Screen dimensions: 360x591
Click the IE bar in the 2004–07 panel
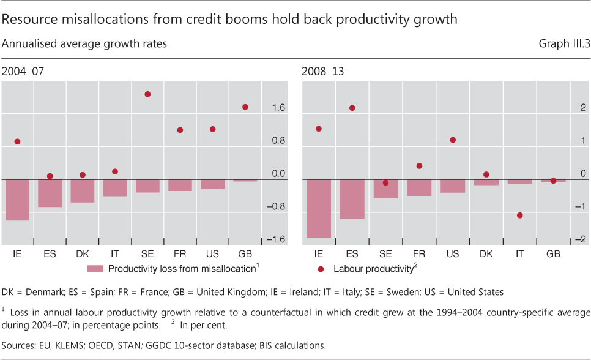pyautogui.click(x=17, y=200)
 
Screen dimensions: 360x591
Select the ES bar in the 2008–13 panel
pyautogui.click(x=352, y=199)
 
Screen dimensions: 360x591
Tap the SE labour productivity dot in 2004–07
pyautogui.click(x=147, y=94)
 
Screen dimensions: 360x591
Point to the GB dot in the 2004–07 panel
pyautogui.click(x=245, y=107)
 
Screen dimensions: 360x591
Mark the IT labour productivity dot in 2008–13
pyautogui.click(x=519, y=216)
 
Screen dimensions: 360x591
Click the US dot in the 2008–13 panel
pyautogui.click(x=453, y=140)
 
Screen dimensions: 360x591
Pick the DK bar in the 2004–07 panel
pyautogui.click(x=83, y=191)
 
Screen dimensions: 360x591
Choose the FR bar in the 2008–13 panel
pyautogui.click(x=419, y=188)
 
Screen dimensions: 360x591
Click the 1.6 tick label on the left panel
pyautogui.click(x=278, y=108)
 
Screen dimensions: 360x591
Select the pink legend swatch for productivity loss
pyautogui.click(x=96, y=268)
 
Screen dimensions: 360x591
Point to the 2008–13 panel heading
pyautogui.click(x=322, y=72)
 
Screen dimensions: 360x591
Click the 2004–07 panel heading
pyautogui.click(x=23, y=72)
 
